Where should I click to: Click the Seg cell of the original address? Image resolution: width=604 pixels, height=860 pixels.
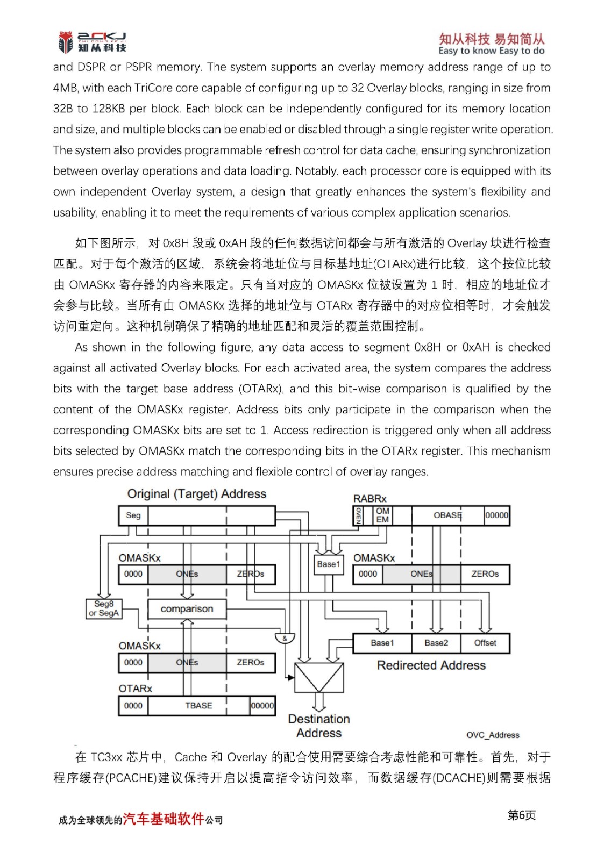pyautogui.click(x=133, y=515)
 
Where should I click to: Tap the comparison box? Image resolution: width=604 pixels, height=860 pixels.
pyautogui.click(x=187, y=609)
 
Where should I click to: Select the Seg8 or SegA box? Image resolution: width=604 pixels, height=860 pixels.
pyautogui.click(x=104, y=608)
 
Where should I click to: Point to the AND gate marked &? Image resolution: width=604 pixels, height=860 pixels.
pyautogui.click(x=285, y=639)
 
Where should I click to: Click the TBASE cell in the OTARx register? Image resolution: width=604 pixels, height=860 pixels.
pyautogui.click(x=198, y=706)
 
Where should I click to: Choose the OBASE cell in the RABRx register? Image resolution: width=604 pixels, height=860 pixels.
pyautogui.click(x=447, y=515)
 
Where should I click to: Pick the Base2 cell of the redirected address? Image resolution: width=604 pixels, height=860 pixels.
pyautogui.click(x=436, y=643)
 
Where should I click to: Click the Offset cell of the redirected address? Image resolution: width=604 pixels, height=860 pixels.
pyautogui.click(x=485, y=643)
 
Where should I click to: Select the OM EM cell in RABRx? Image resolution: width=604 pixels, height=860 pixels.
pyautogui.click(x=382, y=515)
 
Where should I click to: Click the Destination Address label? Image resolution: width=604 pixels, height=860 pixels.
pyautogui.click(x=319, y=726)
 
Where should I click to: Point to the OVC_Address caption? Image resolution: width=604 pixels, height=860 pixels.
pyautogui.click(x=493, y=735)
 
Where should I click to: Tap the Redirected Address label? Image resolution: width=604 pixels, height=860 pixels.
pyautogui.click(x=431, y=665)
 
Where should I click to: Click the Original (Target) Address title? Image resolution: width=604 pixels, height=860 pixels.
pyautogui.click(x=196, y=494)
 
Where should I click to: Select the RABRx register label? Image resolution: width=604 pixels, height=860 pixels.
pyautogui.click(x=369, y=499)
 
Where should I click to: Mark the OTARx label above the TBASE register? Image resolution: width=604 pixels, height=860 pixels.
pyautogui.click(x=135, y=689)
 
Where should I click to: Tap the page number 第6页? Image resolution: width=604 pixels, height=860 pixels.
pyautogui.click(x=521, y=815)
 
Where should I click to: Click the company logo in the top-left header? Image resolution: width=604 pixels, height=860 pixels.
pyautogui.click(x=92, y=42)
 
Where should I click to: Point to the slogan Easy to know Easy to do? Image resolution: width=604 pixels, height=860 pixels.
pyautogui.click(x=491, y=51)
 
